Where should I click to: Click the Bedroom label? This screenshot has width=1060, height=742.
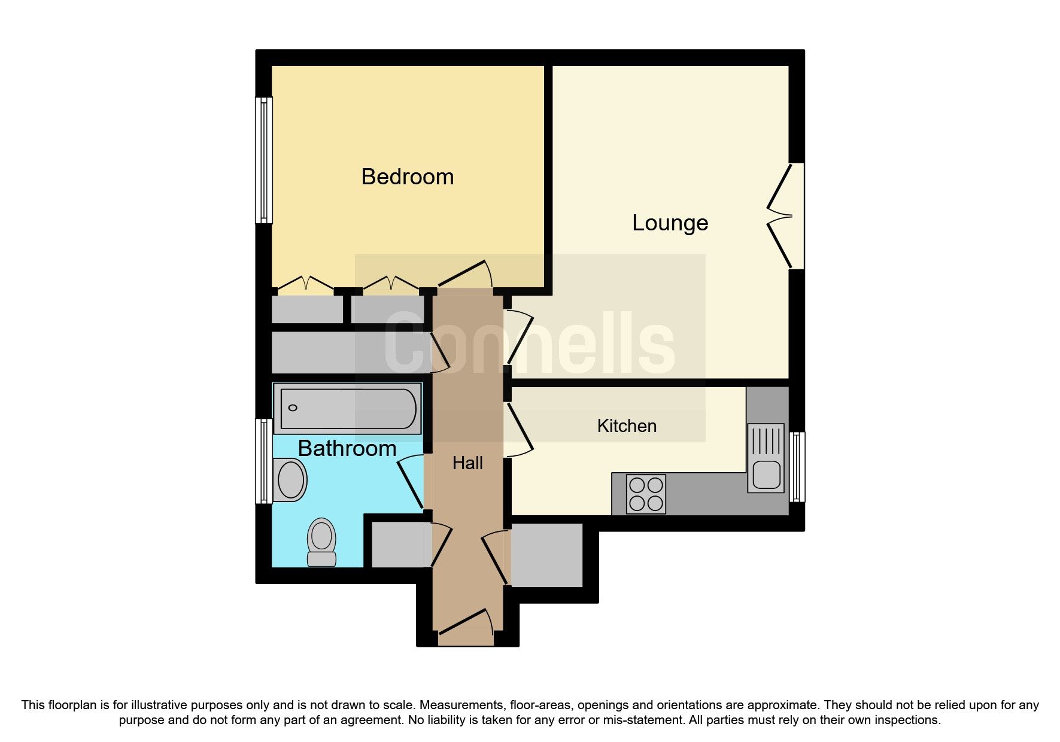pyautogui.click(x=408, y=177)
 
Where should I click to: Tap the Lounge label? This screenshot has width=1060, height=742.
pyautogui.click(x=670, y=223)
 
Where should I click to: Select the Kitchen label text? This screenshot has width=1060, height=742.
pyautogui.click(x=627, y=426)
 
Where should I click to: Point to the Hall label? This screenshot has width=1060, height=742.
pyautogui.click(x=467, y=463)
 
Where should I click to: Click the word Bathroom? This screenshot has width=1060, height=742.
pyautogui.click(x=347, y=449)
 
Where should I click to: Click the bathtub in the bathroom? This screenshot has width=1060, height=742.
pyautogui.click(x=348, y=409)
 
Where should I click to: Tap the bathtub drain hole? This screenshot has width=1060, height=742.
pyautogui.click(x=293, y=408)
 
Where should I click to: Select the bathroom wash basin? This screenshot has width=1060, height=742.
pyautogui.click(x=291, y=479)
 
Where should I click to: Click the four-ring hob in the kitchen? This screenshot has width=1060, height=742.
pyautogui.click(x=646, y=494)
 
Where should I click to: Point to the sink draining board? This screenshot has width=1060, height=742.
pyautogui.click(x=766, y=442)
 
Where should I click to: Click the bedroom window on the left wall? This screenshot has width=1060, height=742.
pyautogui.click(x=264, y=160)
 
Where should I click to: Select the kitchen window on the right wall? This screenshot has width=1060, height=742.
pyautogui.click(x=797, y=466)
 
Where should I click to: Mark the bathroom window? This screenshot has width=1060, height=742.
pyautogui.click(x=264, y=461)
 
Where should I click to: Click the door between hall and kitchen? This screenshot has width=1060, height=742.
pyautogui.click(x=518, y=430)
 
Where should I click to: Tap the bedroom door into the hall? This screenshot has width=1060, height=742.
pyautogui.click(x=464, y=275)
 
